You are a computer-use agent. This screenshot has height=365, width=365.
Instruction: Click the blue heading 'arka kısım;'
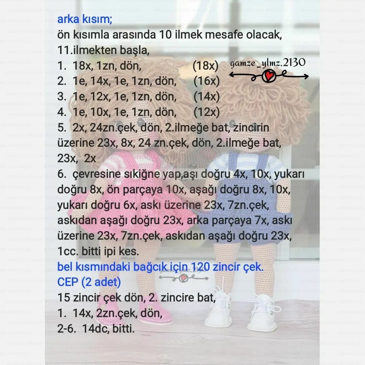coord(84,20)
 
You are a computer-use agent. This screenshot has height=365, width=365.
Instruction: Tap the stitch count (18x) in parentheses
coord(205,66)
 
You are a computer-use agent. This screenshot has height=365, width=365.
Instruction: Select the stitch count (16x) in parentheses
coord(207,81)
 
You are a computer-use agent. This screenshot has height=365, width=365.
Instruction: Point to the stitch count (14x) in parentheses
coord(207,97)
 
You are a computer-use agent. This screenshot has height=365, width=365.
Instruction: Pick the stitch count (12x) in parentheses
coord(207,112)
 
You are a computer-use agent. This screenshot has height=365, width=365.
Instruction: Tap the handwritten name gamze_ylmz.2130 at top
coord(268,63)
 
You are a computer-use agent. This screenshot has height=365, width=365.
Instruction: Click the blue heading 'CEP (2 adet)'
coord(89,282)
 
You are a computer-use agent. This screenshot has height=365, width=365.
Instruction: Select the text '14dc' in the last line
coord(93,328)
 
